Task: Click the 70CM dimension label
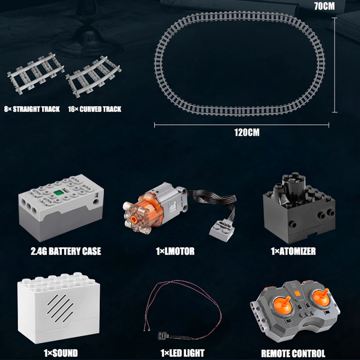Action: point(324,6)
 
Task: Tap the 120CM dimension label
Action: point(247,132)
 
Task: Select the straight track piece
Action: point(36,73)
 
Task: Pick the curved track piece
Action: point(94,76)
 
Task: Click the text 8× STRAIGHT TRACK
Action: point(32,109)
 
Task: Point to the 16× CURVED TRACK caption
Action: point(94,109)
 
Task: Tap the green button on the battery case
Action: point(58,193)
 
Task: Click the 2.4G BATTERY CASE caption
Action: point(66,251)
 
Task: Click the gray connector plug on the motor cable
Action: point(221,229)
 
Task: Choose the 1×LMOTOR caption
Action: point(175,251)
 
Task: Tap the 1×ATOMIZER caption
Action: point(293,251)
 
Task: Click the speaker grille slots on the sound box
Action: point(60,308)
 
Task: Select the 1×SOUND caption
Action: point(61,353)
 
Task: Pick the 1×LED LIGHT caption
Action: point(182,353)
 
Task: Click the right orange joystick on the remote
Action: point(321,297)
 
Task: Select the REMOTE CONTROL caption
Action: point(293,353)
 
